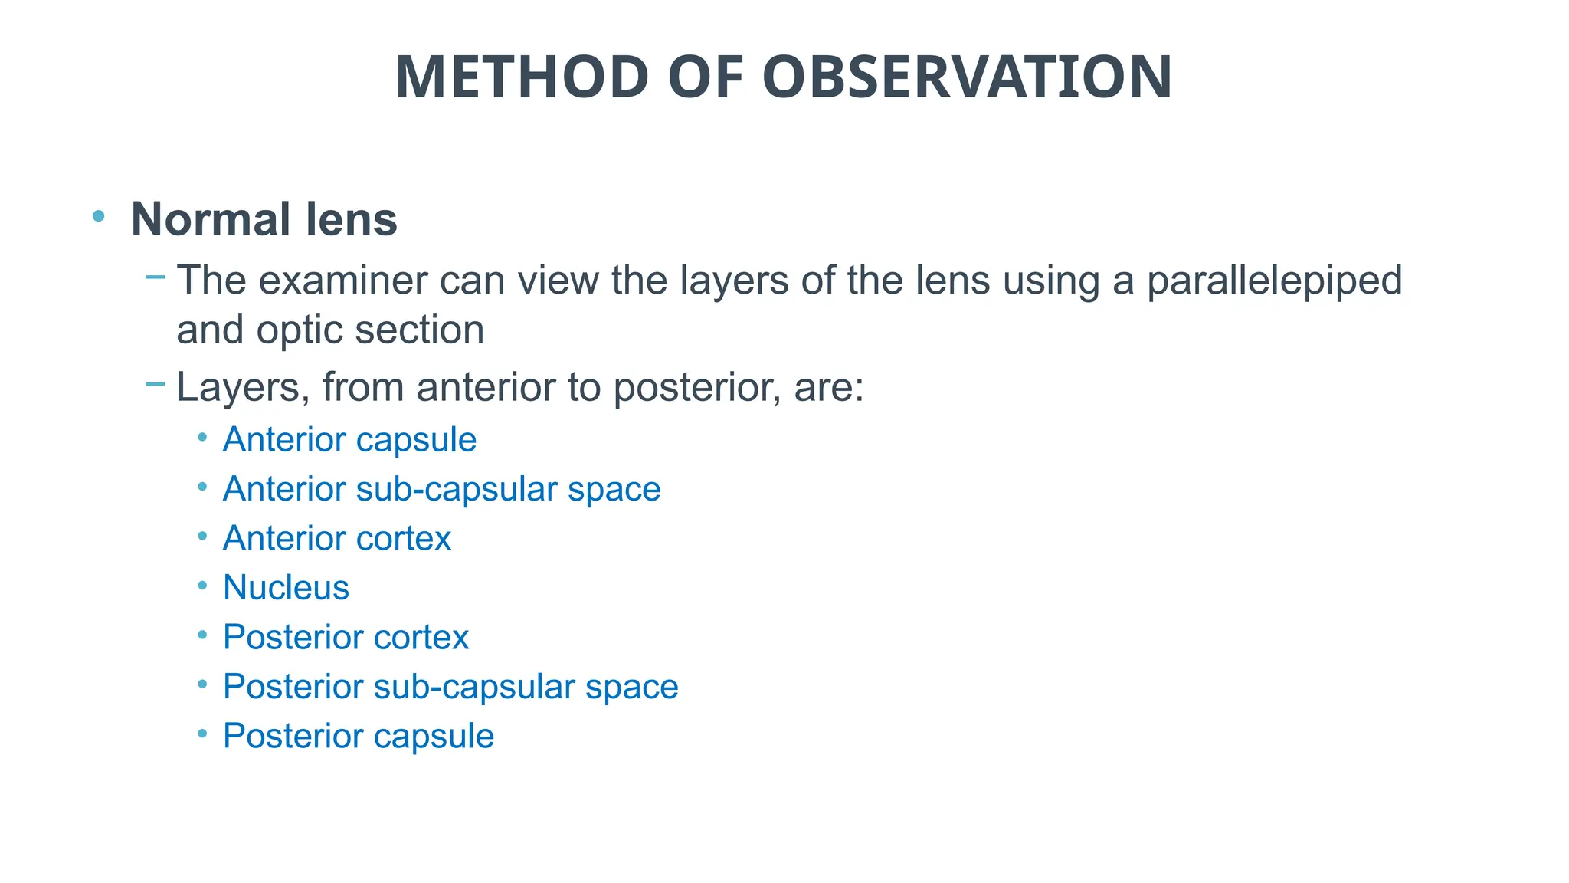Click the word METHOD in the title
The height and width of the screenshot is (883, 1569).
click(x=522, y=77)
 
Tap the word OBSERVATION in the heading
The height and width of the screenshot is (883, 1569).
click(x=967, y=77)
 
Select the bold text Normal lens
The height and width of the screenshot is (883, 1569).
click(x=264, y=219)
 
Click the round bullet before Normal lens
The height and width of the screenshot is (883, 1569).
click(x=98, y=216)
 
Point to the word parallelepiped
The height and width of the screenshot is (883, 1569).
click(x=1274, y=281)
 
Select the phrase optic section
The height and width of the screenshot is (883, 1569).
click(x=370, y=330)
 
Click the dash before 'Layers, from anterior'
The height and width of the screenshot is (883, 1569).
click(x=156, y=383)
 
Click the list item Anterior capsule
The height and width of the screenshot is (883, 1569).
click(x=349, y=440)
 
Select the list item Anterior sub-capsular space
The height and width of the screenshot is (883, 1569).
click(x=441, y=489)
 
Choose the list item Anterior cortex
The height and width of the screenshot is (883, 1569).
click(x=337, y=539)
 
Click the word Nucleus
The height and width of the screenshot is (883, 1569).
click(x=286, y=588)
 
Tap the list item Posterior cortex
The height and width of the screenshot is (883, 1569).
click(x=346, y=638)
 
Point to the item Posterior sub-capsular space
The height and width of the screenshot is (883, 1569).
click(x=450, y=687)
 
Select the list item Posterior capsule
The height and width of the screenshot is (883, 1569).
click(x=359, y=737)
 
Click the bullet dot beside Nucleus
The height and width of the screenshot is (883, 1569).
click(x=202, y=586)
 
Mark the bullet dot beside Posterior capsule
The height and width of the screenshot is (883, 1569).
click(x=202, y=734)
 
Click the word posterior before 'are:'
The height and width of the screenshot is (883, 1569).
click(x=697, y=387)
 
